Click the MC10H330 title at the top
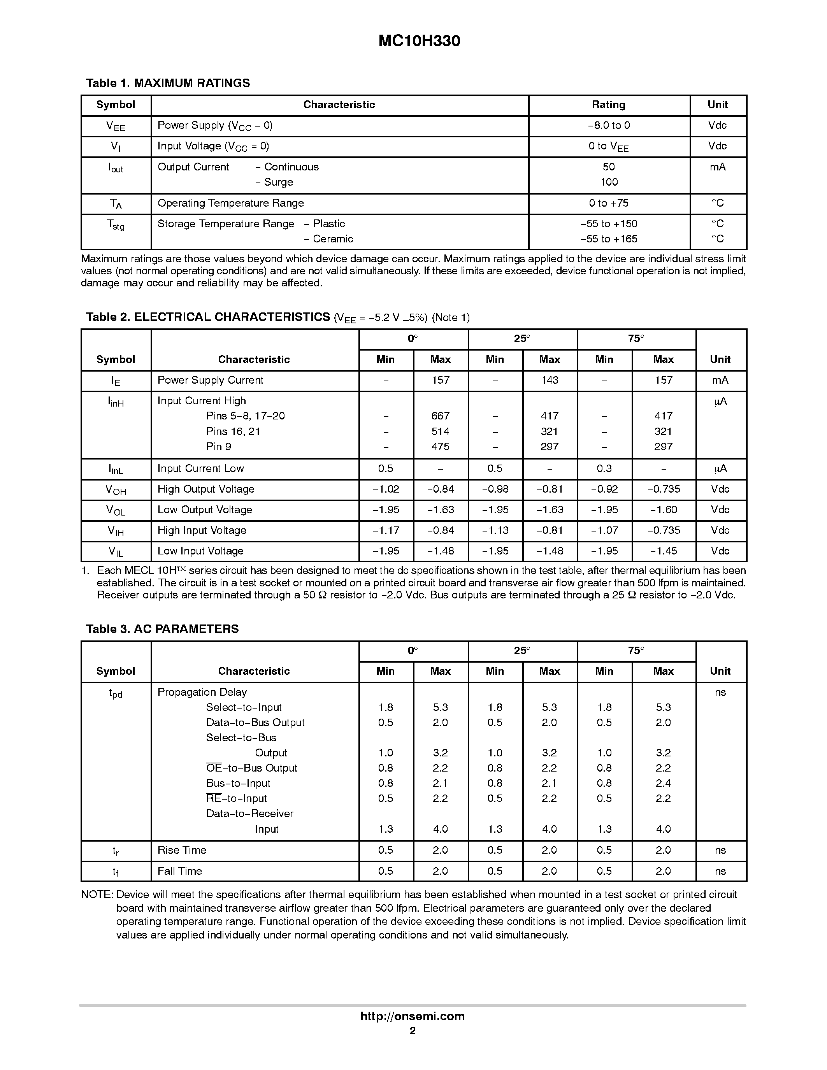(419, 41)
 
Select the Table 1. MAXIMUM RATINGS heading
(168, 83)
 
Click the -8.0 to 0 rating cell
(609, 125)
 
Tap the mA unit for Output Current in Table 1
(717, 167)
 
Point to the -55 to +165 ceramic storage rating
(609, 239)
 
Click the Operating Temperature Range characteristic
(230, 203)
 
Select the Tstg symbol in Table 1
(116, 225)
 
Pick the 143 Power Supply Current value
(549, 380)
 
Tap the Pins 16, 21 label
(233, 432)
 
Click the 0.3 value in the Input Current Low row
(604, 468)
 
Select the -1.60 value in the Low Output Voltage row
(664, 510)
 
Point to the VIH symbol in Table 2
(116, 531)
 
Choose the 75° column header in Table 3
(636, 651)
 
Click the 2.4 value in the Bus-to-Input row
(664, 783)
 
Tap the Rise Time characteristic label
(182, 850)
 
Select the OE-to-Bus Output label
(251, 768)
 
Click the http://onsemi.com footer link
(413, 1016)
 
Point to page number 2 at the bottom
(413, 1031)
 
